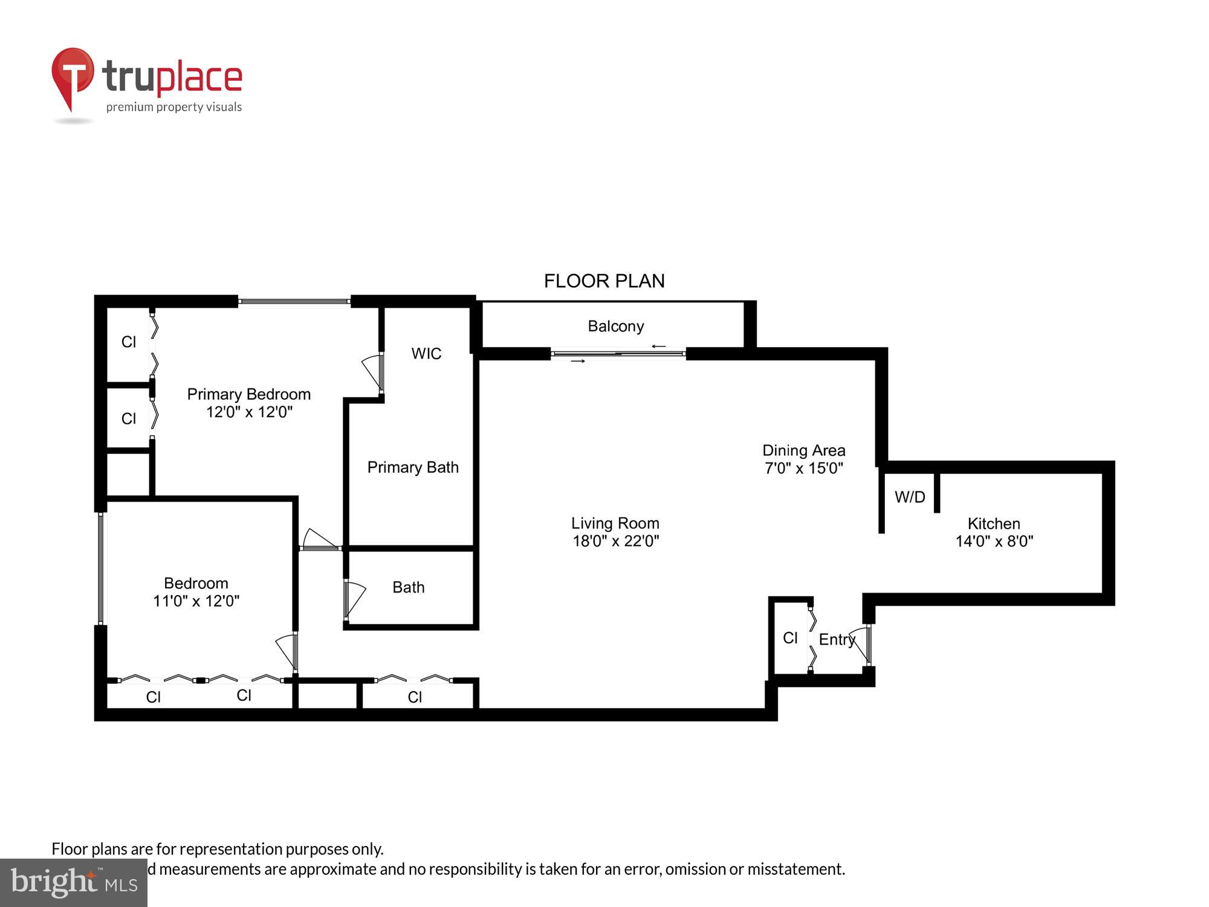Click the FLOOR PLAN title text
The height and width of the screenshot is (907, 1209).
(x=604, y=281)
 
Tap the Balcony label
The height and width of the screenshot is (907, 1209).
(x=615, y=327)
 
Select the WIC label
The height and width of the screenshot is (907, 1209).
(x=426, y=354)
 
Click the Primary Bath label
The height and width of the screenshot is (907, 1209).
(x=413, y=467)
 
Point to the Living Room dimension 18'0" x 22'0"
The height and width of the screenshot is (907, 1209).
(x=615, y=541)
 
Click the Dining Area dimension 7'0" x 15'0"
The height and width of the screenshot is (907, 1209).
(x=803, y=469)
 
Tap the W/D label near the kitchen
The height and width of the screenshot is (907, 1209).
(x=910, y=497)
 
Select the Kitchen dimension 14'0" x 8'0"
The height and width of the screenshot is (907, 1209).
(x=994, y=541)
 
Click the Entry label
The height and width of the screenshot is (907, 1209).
(x=837, y=640)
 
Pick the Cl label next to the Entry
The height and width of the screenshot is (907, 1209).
(x=790, y=638)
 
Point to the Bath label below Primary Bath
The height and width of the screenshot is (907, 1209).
(x=408, y=588)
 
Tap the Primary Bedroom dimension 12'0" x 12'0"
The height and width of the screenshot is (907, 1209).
(x=249, y=412)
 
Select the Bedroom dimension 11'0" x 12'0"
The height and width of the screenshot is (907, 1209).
(x=196, y=601)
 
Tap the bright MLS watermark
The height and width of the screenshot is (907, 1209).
(x=73, y=883)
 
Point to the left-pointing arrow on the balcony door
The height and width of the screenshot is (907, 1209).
(x=658, y=346)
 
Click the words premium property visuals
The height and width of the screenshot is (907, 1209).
(x=174, y=108)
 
